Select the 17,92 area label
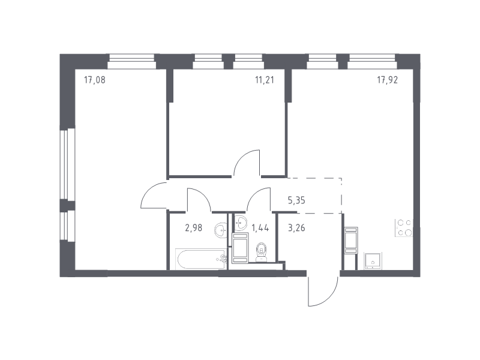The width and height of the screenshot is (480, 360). click(x=387, y=79)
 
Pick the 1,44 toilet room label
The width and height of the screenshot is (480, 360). click(x=260, y=227)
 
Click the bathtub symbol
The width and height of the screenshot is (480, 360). click(x=198, y=259)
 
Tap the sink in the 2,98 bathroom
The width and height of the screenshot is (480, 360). click(x=221, y=229)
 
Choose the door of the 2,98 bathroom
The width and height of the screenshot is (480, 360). click(x=199, y=200)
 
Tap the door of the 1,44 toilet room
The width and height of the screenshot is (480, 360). click(x=259, y=200)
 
